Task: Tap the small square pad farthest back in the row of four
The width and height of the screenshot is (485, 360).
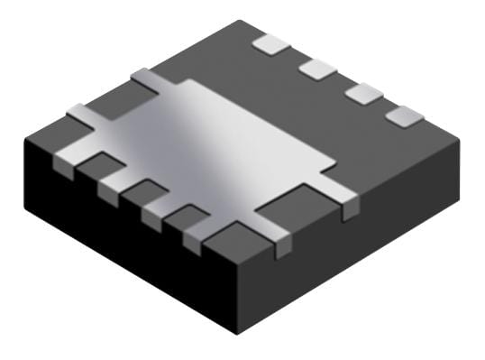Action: click(268, 42)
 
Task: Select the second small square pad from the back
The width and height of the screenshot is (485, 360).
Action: click(316, 68)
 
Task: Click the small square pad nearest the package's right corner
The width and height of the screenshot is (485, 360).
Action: click(404, 115)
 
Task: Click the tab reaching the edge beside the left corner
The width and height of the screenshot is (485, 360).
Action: click(81, 116)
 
